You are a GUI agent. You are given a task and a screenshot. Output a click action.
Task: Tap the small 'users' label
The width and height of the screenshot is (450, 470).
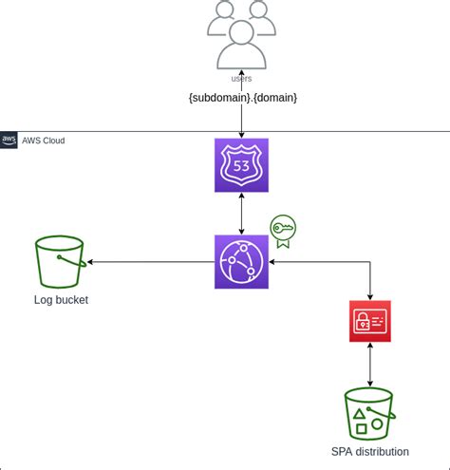pos(241,78)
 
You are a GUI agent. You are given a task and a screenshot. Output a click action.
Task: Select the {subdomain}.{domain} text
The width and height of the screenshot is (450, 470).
pos(241,99)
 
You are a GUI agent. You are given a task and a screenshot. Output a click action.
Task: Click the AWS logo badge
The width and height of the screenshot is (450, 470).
pos(9,141)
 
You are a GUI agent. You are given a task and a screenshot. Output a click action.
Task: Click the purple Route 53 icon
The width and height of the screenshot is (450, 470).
pos(241,165)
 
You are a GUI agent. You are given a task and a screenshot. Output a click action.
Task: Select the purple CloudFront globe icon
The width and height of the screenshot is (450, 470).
pos(241,262)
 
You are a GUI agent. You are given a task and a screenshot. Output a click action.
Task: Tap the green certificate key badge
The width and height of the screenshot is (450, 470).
pos(283,231)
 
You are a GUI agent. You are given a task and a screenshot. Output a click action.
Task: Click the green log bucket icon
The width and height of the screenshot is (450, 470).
pos(60,262)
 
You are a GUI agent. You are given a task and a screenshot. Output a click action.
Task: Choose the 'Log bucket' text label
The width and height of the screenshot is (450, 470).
pos(61,301)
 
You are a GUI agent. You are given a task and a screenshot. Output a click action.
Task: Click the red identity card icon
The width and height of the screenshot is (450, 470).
pos(369,321)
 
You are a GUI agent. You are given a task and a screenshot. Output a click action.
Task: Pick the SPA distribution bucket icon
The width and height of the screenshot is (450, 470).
pos(369,413)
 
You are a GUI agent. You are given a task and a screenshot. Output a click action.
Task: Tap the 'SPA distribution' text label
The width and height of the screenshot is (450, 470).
pos(369,452)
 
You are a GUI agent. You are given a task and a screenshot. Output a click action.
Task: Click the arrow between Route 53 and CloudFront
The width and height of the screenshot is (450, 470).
pos(241,214)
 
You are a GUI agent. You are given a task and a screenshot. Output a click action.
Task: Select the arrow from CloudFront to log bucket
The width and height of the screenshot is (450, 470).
pos(152,262)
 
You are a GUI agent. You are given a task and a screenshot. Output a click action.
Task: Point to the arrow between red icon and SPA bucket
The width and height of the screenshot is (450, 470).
pos(369,366)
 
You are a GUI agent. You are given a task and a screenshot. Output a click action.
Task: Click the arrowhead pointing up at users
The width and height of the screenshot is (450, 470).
pos(241,73)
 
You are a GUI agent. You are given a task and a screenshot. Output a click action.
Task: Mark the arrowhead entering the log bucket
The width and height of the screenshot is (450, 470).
pos(91,262)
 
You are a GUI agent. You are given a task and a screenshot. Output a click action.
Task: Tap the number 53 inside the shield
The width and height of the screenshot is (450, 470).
pos(241,166)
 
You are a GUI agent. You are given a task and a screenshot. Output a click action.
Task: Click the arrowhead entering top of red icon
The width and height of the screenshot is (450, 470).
pos(369,296)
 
